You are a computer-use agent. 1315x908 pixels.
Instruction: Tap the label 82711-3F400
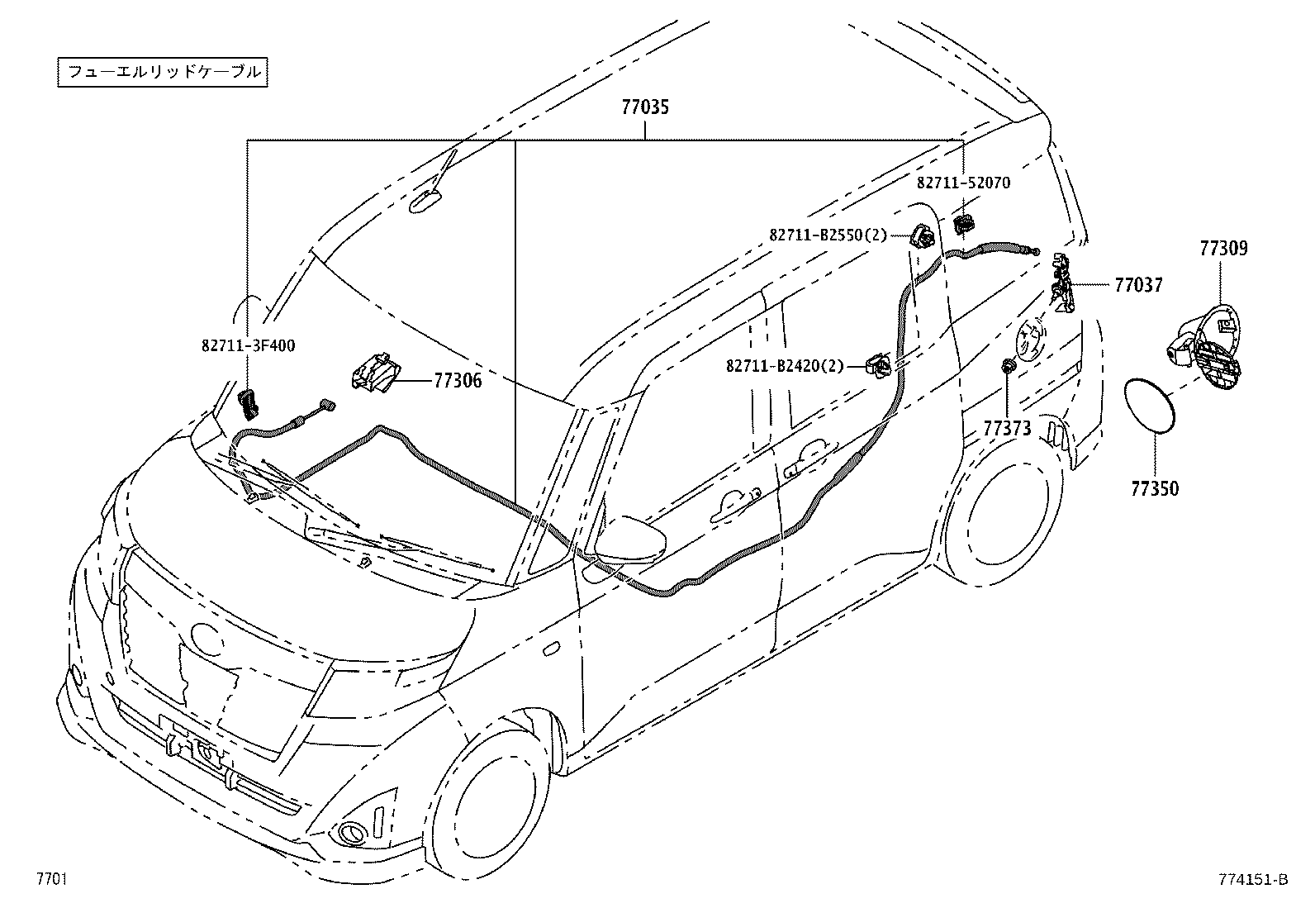(x=248, y=345)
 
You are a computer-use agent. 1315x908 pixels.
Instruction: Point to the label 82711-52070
(x=962, y=183)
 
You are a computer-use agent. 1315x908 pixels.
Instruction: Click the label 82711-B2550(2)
(x=828, y=235)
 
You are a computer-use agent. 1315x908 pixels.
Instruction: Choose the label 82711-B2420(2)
(x=785, y=365)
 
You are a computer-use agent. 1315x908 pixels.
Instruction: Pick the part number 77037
(x=1138, y=285)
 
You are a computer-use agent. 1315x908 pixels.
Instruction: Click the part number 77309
(x=1223, y=248)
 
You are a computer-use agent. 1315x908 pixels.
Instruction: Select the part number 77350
(x=1155, y=488)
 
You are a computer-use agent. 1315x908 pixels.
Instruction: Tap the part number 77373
(x=1007, y=427)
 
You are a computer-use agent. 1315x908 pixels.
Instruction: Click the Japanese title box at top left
(x=164, y=72)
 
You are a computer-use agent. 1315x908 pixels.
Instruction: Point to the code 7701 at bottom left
(x=50, y=879)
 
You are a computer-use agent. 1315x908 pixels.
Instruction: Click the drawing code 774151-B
(x=1252, y=879)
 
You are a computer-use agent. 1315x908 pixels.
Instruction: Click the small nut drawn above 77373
(x=1008, y=366)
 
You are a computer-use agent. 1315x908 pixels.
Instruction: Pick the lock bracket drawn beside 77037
(x=1062, y=283)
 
